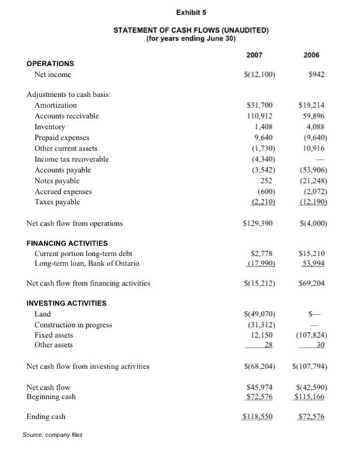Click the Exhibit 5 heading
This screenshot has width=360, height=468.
point(179,12)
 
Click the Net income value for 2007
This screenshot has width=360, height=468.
point(254,75)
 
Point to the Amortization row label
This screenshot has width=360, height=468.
point(55,106)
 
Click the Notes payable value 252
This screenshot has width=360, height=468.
point(260,182)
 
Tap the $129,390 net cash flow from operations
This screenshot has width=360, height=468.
point(254,221)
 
